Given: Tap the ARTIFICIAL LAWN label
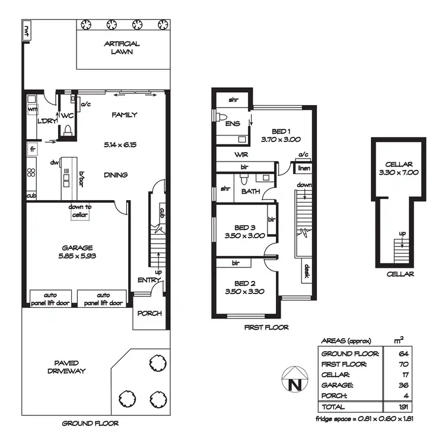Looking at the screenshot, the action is (x=122, y=48).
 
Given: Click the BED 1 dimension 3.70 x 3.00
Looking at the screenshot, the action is (x=281, y=140).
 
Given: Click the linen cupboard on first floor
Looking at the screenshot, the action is (x=304, y=168).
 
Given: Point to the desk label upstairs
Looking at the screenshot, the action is (x=307, y=272).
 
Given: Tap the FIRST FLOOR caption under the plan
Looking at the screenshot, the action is (x=266, y=327).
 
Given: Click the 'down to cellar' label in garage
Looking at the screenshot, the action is (x=79, y=211).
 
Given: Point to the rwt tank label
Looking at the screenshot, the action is (x=27, y=29).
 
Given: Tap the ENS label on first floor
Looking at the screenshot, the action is (x=232, y=124).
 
